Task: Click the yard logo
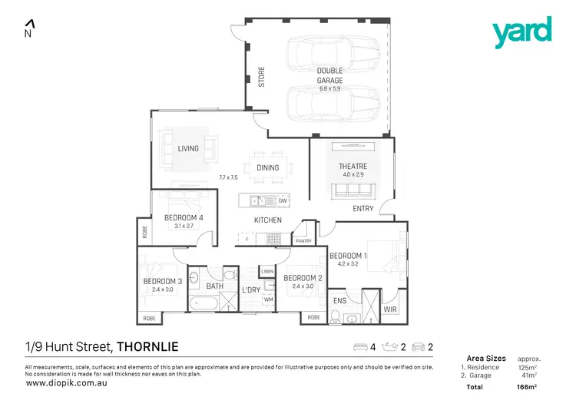tap(522, 32)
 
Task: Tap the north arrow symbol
tap(28, 28)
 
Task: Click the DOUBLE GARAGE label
tap(330, 75)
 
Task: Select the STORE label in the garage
tap(261, 78)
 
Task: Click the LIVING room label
tap(188, 149)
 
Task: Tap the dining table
tap(267, 168)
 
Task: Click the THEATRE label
tap(353, 167)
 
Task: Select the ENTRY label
tap(362, 209)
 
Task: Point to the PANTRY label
tap(303, 241)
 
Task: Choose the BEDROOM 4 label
tap(184, 218)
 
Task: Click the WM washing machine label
tap(269, 299)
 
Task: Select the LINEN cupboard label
tap(267, 272)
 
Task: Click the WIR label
tap(390, 310)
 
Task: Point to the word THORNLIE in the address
tap(147, 347)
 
